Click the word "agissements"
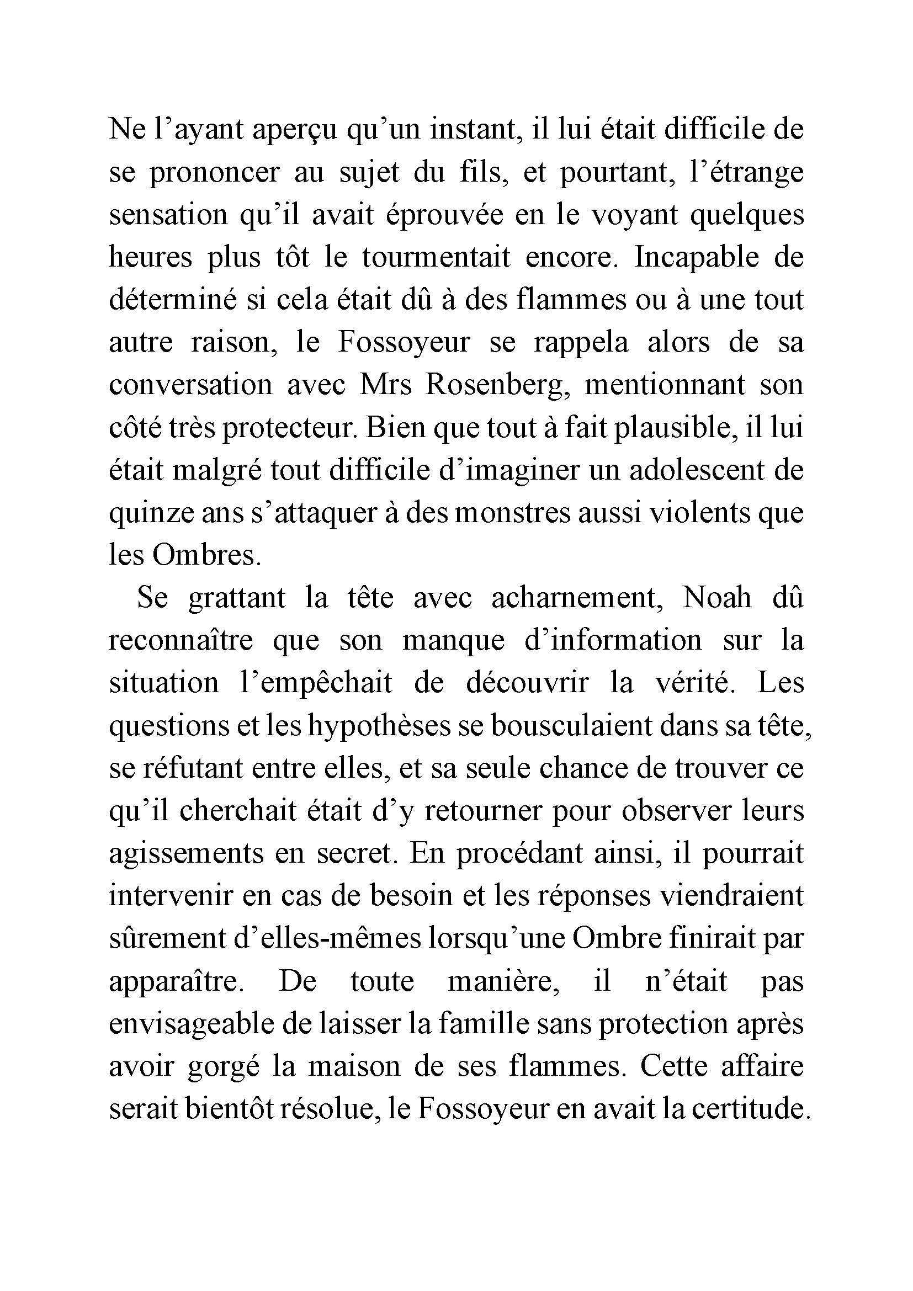(186, 853)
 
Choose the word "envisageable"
(190, 1024)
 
